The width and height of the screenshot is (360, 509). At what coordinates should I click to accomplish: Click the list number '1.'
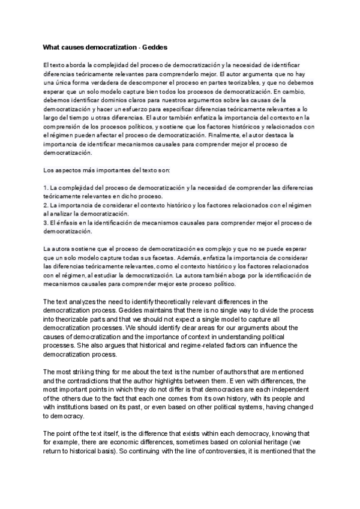pos(46,188)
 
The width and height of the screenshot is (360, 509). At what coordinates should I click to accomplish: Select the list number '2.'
pos(46,206)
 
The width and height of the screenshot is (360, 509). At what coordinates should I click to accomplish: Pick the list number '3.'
pos(46,223)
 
